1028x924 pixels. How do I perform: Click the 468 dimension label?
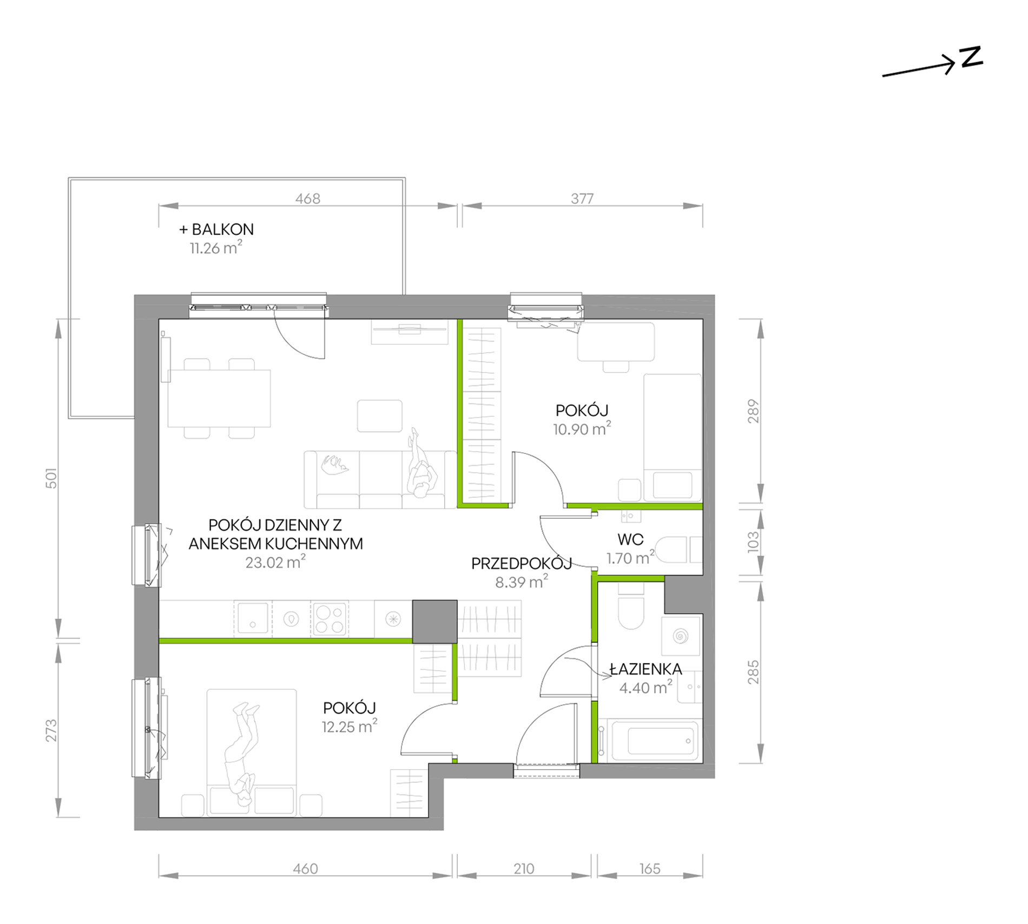(307, 199)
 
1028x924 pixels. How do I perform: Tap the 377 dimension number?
(582, 199)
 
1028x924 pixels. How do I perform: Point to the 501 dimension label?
(51, 478)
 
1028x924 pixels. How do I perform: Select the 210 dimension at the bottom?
(524, 869)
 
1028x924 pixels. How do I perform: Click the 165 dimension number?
(650, 869)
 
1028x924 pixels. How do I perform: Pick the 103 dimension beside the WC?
(753, 542)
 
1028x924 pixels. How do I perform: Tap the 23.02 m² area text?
(275, 562)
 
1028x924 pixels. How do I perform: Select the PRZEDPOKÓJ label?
(522, 564)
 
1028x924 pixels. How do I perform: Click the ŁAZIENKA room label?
(645, 669)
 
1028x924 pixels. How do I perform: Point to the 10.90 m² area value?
(582, 429)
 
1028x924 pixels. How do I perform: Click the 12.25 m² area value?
(350, 727)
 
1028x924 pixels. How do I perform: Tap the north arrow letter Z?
(971, 57)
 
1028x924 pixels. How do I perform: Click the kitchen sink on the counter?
(253, 618)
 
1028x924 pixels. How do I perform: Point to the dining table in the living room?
(219, 398)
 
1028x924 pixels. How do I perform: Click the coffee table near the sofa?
(379, 415)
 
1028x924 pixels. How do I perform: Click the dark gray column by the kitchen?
(434, 622)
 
